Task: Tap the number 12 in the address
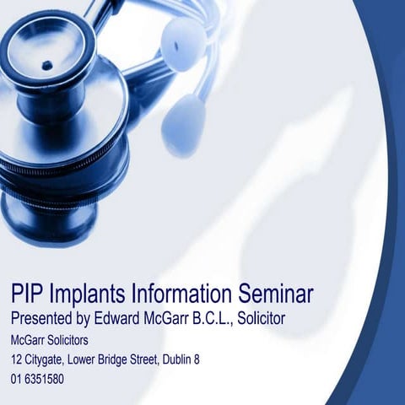(x=16, y=360)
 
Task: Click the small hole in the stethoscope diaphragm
(x=46, y=65)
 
